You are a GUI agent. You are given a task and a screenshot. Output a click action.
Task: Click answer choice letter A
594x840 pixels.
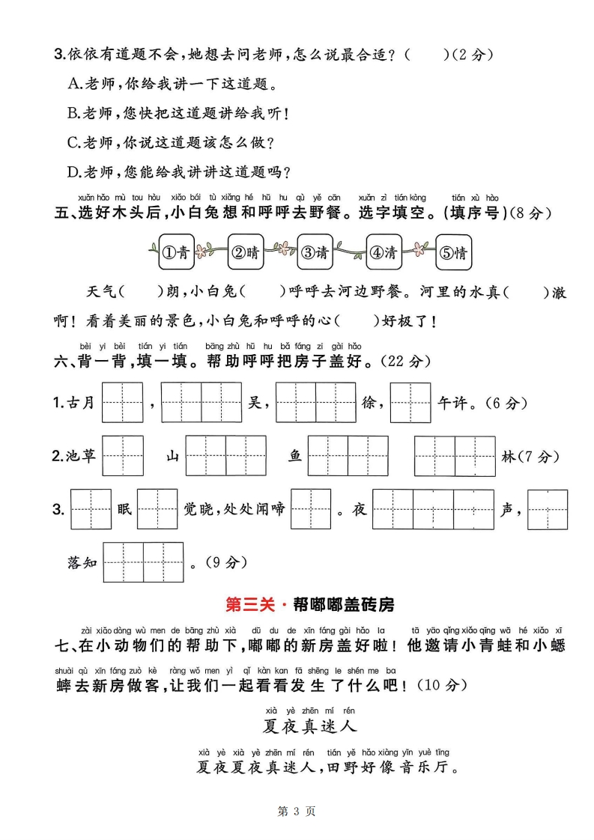tap(73, 84)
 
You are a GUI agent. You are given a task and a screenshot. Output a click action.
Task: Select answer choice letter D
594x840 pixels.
tap(73, 172)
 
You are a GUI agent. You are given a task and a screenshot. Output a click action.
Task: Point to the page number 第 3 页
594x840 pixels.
tap(297, 811)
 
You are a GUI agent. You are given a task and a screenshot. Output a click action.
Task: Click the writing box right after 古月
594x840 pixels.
tap(123, 403)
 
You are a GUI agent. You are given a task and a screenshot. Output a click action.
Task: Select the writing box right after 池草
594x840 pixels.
tap(123, 456)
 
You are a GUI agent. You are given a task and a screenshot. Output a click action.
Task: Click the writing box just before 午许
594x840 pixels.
tap(410, 403)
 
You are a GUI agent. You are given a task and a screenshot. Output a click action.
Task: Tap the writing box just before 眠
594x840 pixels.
tap(91, 509)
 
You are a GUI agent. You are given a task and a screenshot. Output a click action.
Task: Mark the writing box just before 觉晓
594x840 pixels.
tap(157, 509)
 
